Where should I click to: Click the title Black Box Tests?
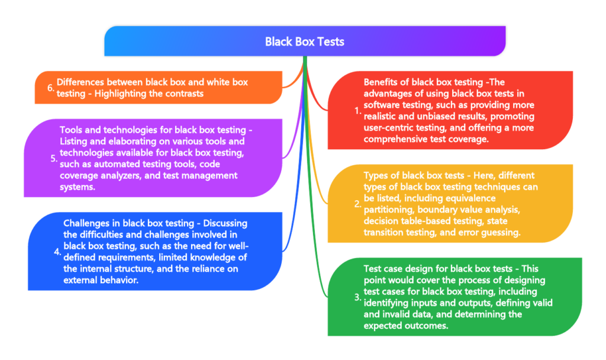point(304,42)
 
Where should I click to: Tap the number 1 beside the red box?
point(356,110)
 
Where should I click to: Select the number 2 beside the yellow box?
point(356,204)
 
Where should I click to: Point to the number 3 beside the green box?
point(356,297)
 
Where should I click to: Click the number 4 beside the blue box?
point(57,251)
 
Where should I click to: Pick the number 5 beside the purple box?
point(53,158)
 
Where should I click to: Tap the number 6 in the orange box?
point(51,88)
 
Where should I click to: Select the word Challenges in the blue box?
point(87,223)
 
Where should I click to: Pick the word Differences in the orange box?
point(81,83)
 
